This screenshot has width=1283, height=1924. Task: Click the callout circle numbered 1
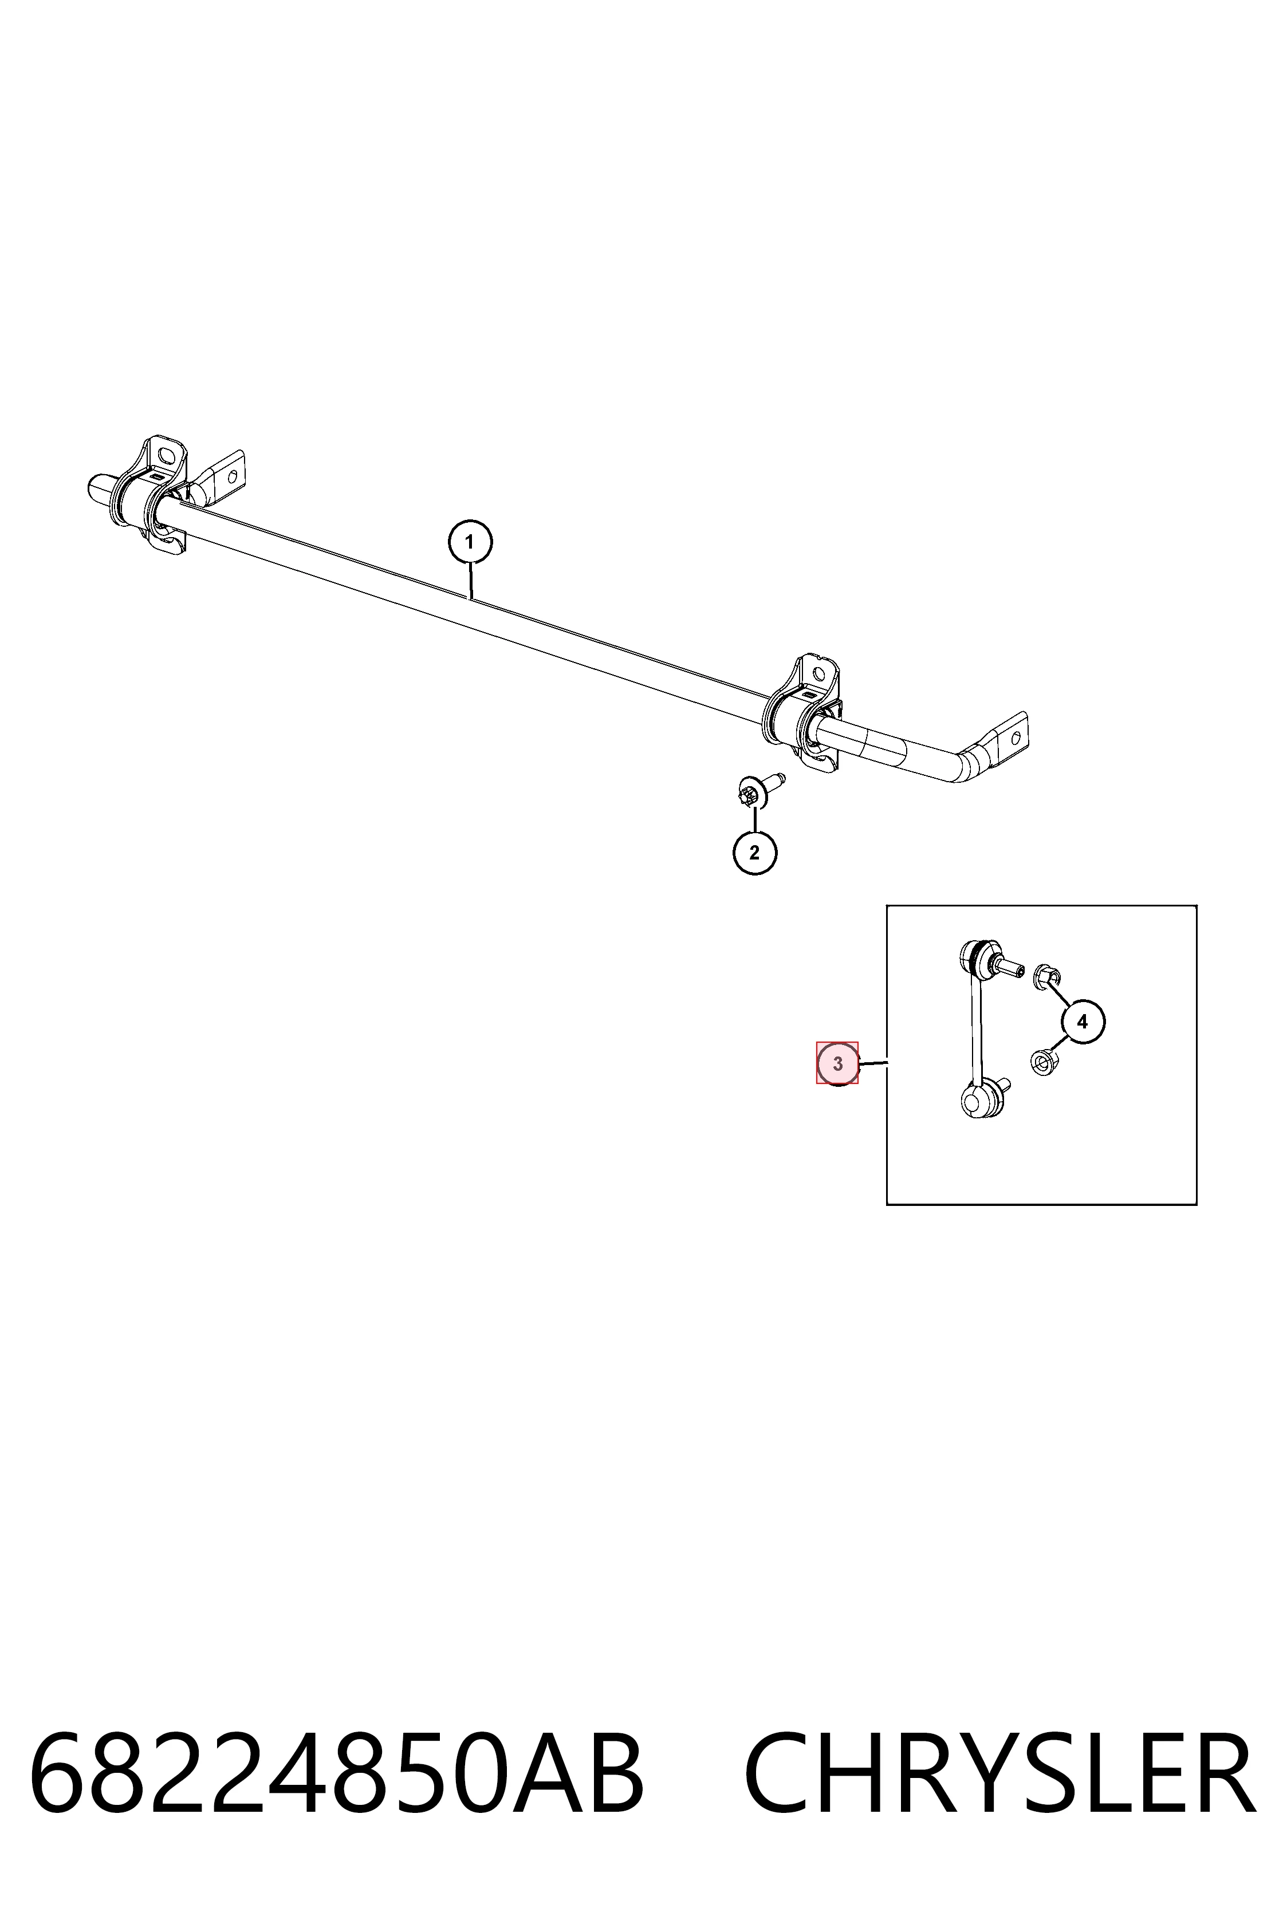pos(470,542)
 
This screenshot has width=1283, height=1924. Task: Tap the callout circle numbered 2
pos(754,853)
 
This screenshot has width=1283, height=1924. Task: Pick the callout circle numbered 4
pos(1083,1021)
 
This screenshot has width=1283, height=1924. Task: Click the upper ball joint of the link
pos(974,957)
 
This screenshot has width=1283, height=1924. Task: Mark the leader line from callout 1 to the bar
pos(470,582)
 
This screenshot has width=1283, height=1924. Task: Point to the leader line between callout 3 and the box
pos(873,1063)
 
